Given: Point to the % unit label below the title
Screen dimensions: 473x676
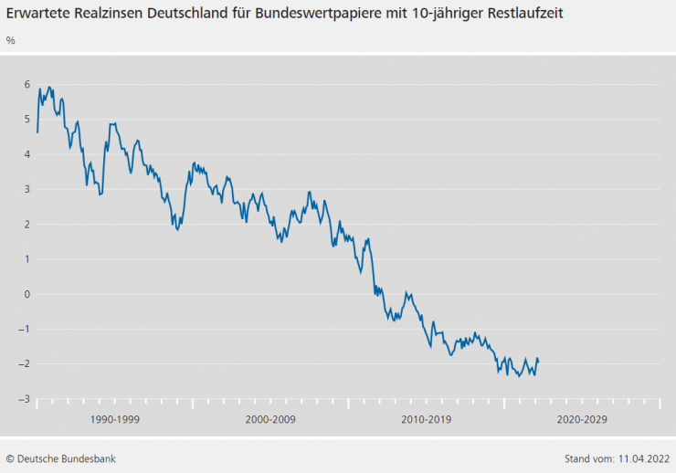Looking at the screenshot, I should (11, 40).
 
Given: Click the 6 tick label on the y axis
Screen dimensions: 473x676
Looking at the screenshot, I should (27, 85).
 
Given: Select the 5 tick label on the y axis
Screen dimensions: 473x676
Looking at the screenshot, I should (27, 120).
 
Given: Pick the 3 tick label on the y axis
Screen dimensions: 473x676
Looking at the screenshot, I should (27, 189).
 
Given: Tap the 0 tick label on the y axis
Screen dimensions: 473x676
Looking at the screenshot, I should (27, 294).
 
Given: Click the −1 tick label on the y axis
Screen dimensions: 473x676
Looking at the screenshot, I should (26, 329).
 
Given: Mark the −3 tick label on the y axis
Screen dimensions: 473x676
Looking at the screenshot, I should (26, 399).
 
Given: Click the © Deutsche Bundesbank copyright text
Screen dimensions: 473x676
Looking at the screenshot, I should (60, 458).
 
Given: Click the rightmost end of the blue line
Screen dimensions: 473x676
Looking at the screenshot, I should (538, 362).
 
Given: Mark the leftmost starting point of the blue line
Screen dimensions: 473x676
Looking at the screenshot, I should (37, 132).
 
